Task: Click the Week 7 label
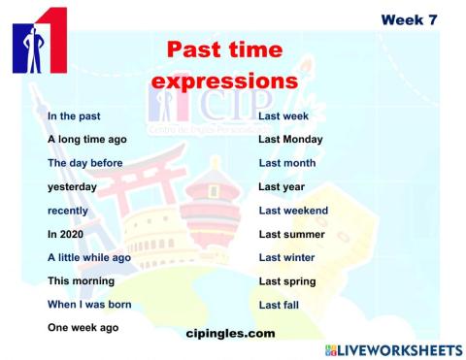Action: click(x=408, y=20)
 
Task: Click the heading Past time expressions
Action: click(x=224, y=65)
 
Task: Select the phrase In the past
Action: click(x=74, y=116)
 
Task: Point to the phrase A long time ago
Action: click(x=87, y=140)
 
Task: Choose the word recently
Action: click(x=68, y=211)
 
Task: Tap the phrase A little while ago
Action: click(x=89, y=258)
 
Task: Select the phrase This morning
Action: click(x=82, y=281)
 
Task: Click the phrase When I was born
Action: click(x=90, y=305)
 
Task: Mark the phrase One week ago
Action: click(x=83, y=328)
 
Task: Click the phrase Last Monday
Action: click(x=291, y=140)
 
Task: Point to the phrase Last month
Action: click(x=288, y=163)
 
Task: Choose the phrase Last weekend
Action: click(x=293, y=211)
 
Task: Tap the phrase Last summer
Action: click(x=291, y=234)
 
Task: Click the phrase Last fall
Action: click(x=281, y=305)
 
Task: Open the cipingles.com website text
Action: click(x=230, y=333)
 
